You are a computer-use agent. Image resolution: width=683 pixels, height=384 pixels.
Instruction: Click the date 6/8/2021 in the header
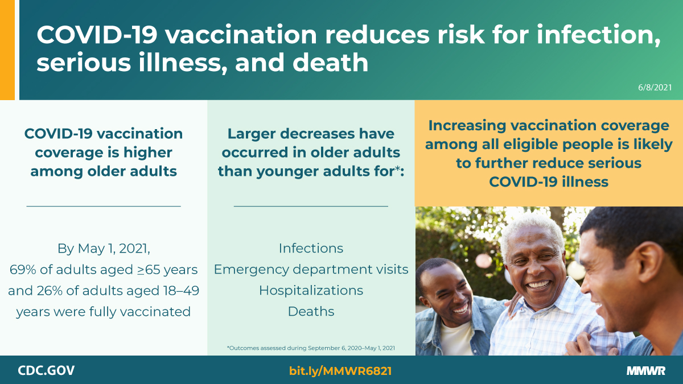[x=655, y=88]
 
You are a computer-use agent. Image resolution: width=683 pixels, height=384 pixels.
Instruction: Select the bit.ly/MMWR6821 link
[x=340, y=371]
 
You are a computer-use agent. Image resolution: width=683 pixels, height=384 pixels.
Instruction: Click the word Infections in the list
[x=311, y=248]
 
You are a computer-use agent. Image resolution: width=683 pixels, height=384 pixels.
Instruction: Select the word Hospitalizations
[x=311, y=290]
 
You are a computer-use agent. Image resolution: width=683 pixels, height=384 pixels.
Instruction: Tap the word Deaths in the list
[x=311, y=311]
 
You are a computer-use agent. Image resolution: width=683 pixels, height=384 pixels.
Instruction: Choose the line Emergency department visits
[x=311, y=269]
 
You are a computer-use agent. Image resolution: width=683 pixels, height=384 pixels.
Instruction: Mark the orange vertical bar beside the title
[x=7, y=50]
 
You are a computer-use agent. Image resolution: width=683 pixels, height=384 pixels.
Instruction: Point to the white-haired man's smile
[x=540, y=283]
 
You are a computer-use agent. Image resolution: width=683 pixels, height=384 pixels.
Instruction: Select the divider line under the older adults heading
[x=104, y=206]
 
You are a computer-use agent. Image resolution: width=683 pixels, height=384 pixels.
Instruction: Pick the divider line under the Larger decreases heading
[x=311, y=206]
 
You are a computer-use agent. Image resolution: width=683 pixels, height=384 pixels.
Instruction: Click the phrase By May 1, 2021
[x=104, y=248]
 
